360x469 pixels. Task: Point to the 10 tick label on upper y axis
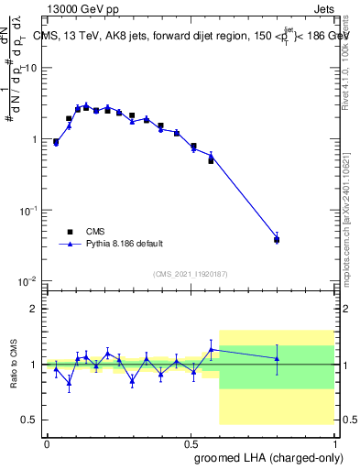tap(32, 69)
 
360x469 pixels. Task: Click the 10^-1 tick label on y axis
tap(30, 211)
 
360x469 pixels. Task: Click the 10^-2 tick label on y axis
tap(30, 281)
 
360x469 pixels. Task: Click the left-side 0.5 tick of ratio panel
tap(34, 420)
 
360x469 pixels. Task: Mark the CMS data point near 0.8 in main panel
tap(277, 240)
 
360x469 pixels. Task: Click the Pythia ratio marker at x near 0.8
tap(277, 358)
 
